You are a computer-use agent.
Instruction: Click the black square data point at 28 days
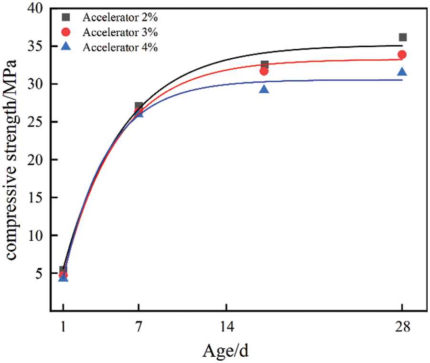point(403,37)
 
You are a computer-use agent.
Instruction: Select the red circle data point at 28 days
point(402,54)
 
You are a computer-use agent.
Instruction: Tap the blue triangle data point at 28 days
point(402,72)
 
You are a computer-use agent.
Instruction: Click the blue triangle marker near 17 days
point(264,89)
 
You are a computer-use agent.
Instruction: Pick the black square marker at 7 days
point(139,106)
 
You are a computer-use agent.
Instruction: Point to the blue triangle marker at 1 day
point(64,277)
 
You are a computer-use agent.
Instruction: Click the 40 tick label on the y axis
point(36,9)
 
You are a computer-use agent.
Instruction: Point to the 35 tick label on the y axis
point(36,46)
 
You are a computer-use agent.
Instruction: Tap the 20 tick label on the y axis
point(36,160)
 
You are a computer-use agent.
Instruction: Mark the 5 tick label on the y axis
point(40,274)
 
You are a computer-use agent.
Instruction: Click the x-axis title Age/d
point(226,352)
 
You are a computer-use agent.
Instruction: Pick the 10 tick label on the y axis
point(36,236)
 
